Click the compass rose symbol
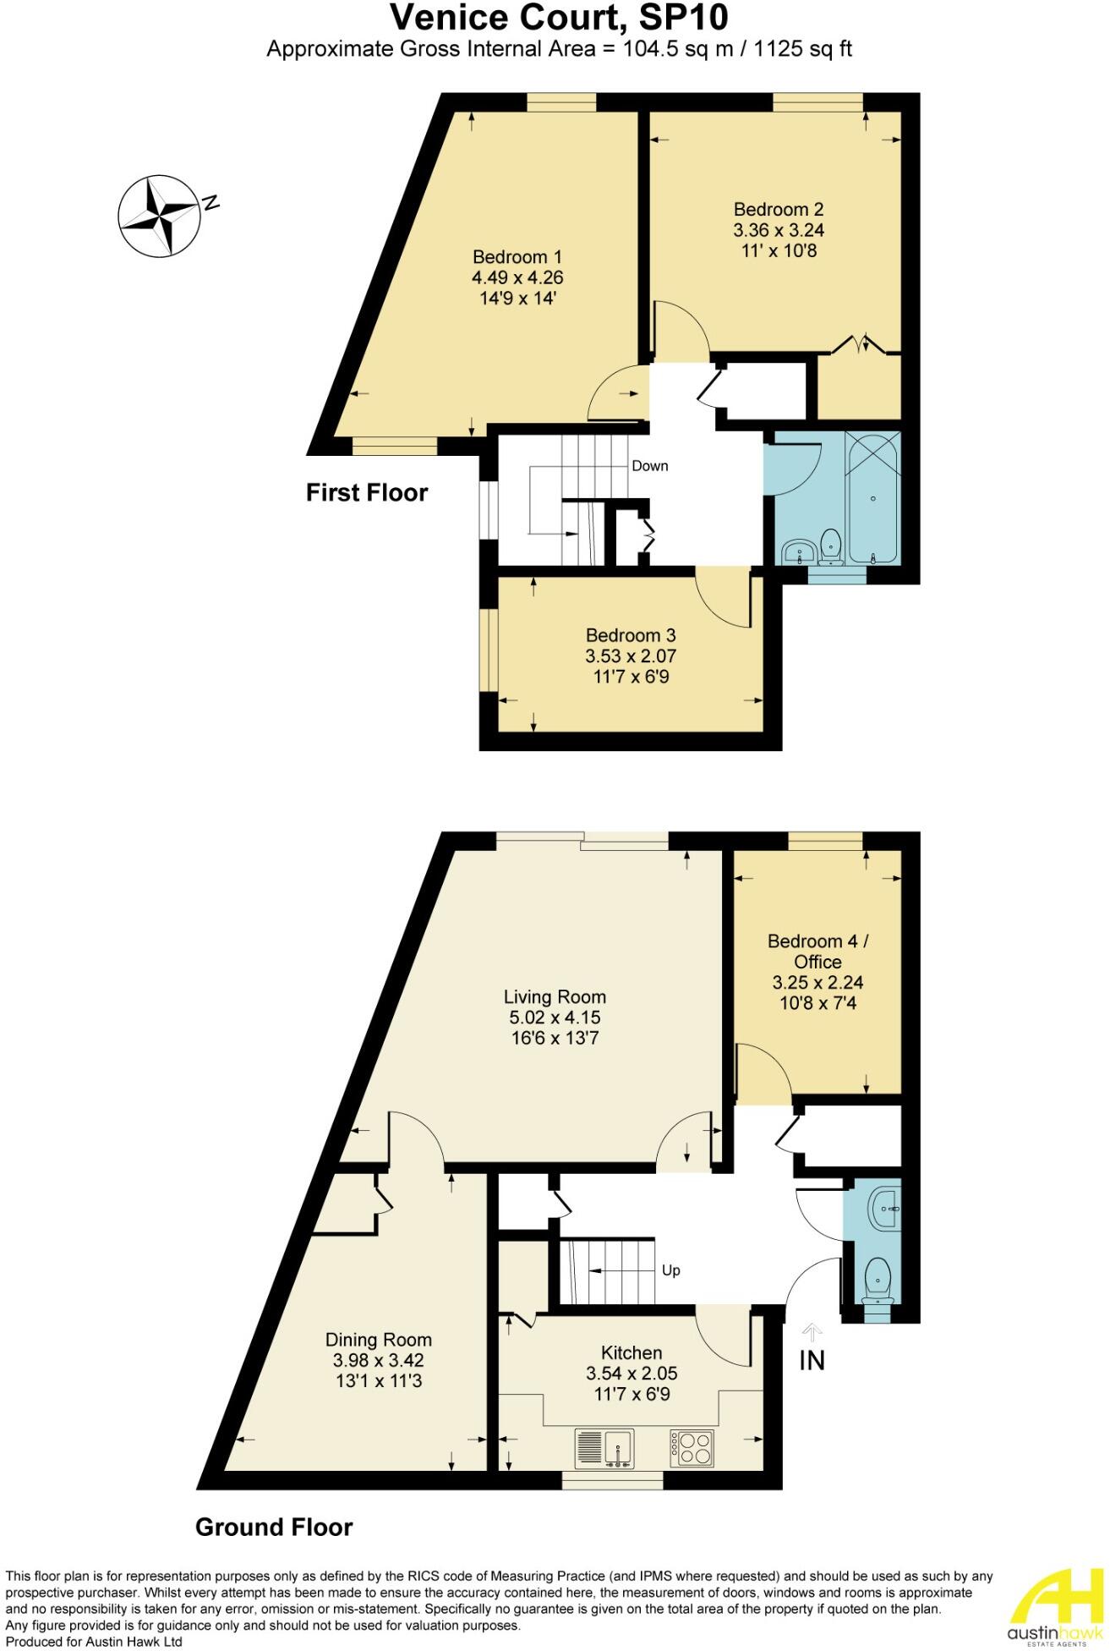click(x=159, y=216)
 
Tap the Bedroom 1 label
click(x=517, y=257)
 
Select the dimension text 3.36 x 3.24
click(x=779, y=230)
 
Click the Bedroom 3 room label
click(x=631, y=635)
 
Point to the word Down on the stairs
click(x=650, y=466)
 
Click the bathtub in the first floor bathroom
click(x=873, y=497)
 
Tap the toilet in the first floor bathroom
click(x=831, y=546)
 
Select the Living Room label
click(x=555, y=997)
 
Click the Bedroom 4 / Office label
click(x=817, y=952)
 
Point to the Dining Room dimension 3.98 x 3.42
click(x=378, y=1361)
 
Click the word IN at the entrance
click(x=812, y=1361)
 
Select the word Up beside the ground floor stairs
click(x=670, y=1270)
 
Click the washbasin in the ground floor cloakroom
click(x=883, y=1205)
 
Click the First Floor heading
click(x=367, y=492)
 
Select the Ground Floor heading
click(x=274, y=1527)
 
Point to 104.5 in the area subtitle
click(x=645, y=49)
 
